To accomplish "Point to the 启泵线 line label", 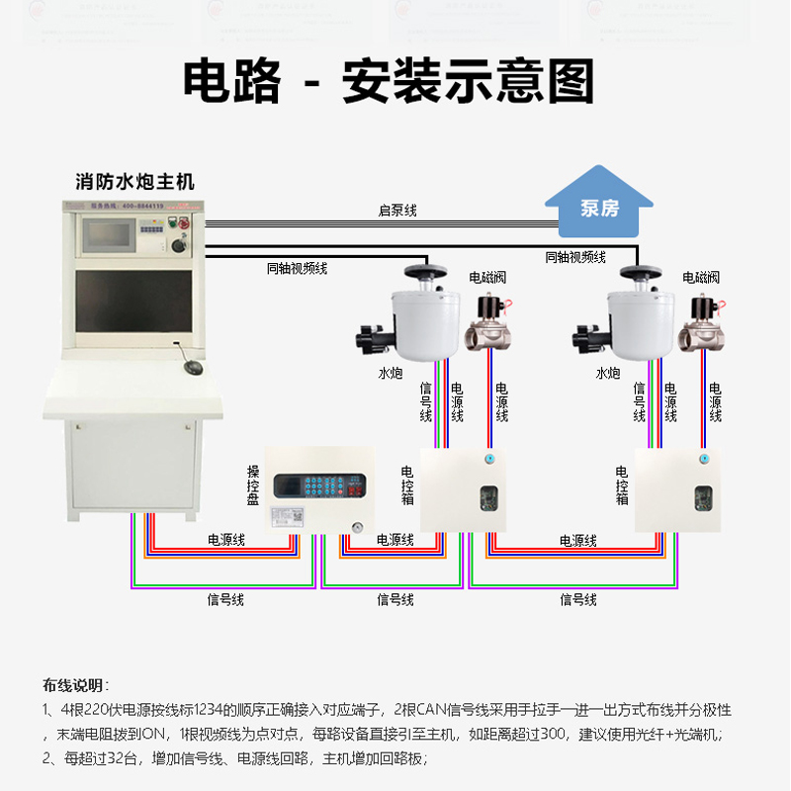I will point(397,211).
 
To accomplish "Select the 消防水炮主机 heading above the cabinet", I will point(135,182).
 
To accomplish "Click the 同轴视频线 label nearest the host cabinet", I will point(297,268).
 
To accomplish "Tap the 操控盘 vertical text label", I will point(253,485).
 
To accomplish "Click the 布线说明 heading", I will point(75,685).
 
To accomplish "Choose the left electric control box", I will point(463,490).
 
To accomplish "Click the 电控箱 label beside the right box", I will point(622,485).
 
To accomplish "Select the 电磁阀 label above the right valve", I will point(701,277).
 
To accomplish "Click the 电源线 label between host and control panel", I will point(225,540).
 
